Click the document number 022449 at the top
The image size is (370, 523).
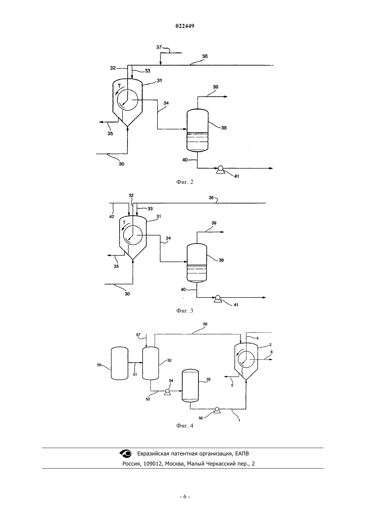coord(185,26)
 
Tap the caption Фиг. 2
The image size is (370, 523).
coord(185,182)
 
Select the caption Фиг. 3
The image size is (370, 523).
coord(185,311)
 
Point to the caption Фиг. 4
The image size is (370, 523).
coord(185,426)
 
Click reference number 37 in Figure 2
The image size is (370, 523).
coord(159,47)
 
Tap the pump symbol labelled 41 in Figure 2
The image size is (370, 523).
coord(220,169)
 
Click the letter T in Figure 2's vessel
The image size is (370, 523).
coord(119,86)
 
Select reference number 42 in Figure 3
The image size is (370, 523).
coord(112,216)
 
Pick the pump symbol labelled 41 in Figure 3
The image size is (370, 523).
coord(217,298)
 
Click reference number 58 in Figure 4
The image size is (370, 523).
coord(205,324)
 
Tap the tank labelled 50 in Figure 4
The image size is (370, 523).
coord(119,363)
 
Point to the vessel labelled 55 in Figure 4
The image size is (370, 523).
coord(190,386)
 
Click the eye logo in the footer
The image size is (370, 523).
coord(126,454)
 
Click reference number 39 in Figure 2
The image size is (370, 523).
coord(215,87)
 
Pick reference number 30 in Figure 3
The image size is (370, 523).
coord(127,294)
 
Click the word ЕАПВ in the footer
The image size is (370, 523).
coord(242,454)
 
